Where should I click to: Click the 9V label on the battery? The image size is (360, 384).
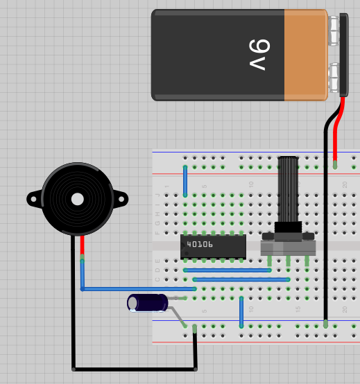257,55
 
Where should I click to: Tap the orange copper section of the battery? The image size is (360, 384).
305,55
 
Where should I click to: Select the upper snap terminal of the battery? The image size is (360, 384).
335,31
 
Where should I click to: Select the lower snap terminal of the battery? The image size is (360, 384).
335,76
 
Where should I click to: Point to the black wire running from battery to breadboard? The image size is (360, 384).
325,208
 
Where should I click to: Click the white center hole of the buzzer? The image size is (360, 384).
77,199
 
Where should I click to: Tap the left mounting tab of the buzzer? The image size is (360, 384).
34,199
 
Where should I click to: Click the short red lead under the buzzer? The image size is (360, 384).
82,245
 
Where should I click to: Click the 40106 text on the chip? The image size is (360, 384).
200,245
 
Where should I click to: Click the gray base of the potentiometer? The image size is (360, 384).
287,247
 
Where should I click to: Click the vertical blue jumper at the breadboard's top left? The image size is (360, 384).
185,181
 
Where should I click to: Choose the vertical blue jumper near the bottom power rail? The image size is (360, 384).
241,312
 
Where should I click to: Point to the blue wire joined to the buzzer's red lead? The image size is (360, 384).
139,288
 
